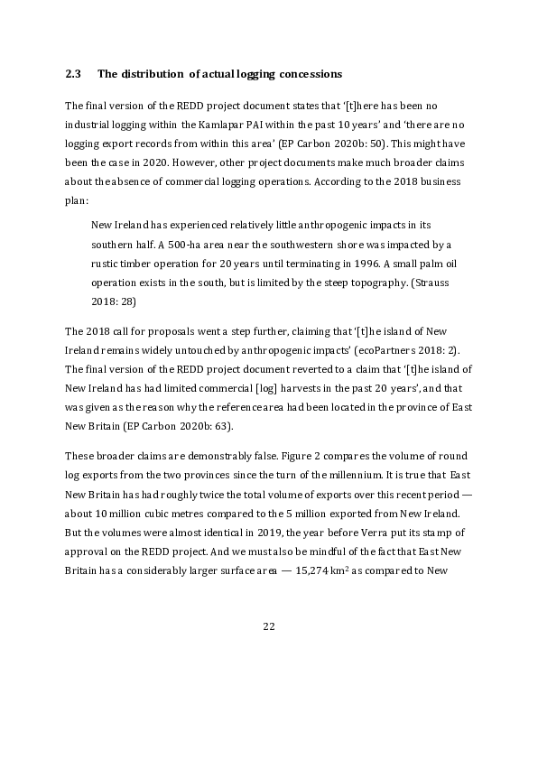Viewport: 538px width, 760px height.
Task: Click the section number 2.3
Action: [x=74, y=72]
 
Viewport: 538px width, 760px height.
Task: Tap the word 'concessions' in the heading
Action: [x=300, y=72]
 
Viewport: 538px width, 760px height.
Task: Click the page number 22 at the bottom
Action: [x=268, y=626]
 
